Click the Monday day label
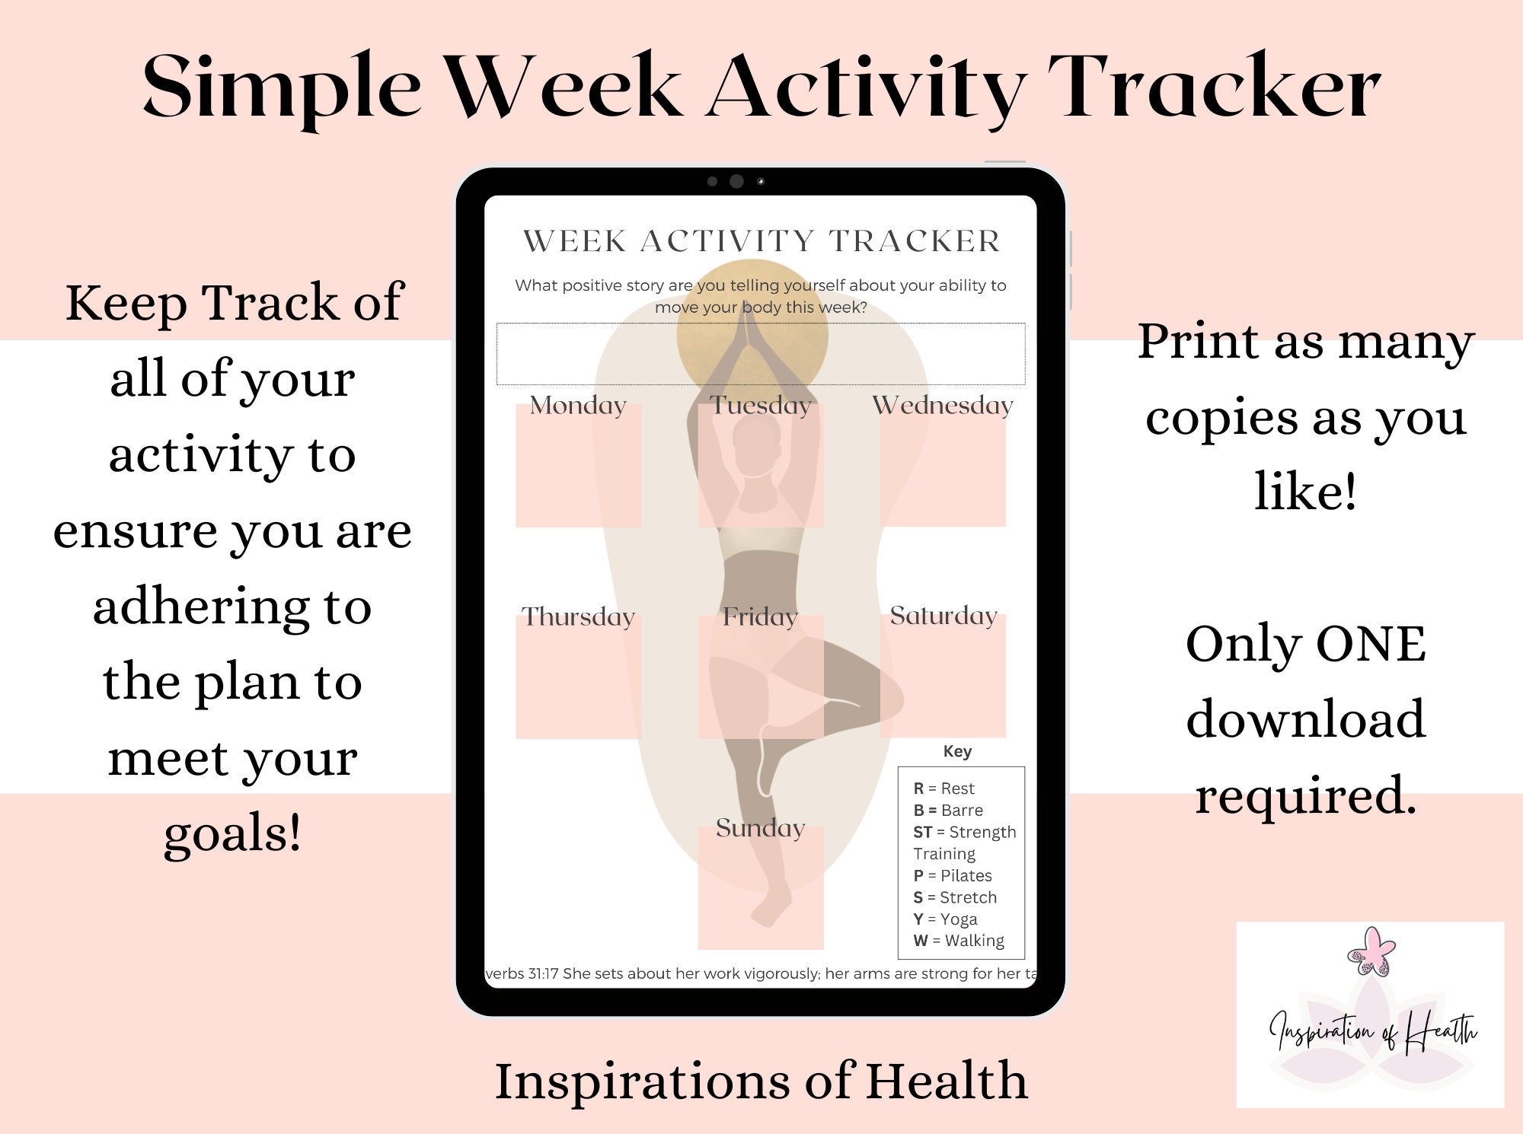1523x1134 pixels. click(x=578, y=405)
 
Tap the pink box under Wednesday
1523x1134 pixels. click(x=943, y=472)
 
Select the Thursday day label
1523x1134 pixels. click(x=578, y=616)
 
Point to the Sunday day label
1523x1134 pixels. click(x=760, y=827)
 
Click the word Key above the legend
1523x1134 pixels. click(x=957, y=751)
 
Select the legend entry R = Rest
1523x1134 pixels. click(x=943, y=788)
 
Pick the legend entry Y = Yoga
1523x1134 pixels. click(x=945, y=919)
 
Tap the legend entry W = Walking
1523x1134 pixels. click(x=959, y=941)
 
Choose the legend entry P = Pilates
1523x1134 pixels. click(x=953, y=875)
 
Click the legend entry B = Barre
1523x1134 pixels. click(x=948, y=810)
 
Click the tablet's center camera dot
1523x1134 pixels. click(x=736, y=181)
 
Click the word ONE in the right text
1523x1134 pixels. click(x=1371, y=644)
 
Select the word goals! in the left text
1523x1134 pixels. click(x=232, y=833)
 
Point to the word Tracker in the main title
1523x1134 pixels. click(x=1214, y=88)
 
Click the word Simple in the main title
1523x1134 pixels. click(x=282, y=88)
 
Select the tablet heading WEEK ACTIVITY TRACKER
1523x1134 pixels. click(x=761, y=241)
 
